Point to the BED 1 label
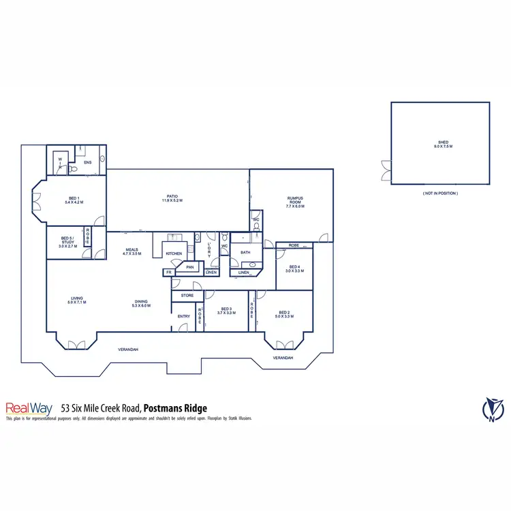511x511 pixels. click(x=73, y=199)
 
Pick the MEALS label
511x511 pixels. click(x=131, y=251)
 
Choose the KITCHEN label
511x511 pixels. click(x=174, y=253)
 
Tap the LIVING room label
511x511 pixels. click(x=76, y=300)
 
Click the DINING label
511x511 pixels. click(x=140, y=303)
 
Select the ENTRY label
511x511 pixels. click(x=184, y=316)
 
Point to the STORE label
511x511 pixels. click(x=187, y=296)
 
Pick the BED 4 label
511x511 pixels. click(x=294, y=268)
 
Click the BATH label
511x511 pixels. click(x=245, y=253)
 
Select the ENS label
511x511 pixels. click(x=87, y=163)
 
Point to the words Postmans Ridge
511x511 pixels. click(x=175, y=408)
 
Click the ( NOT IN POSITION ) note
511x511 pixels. click(x=440, y=194)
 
